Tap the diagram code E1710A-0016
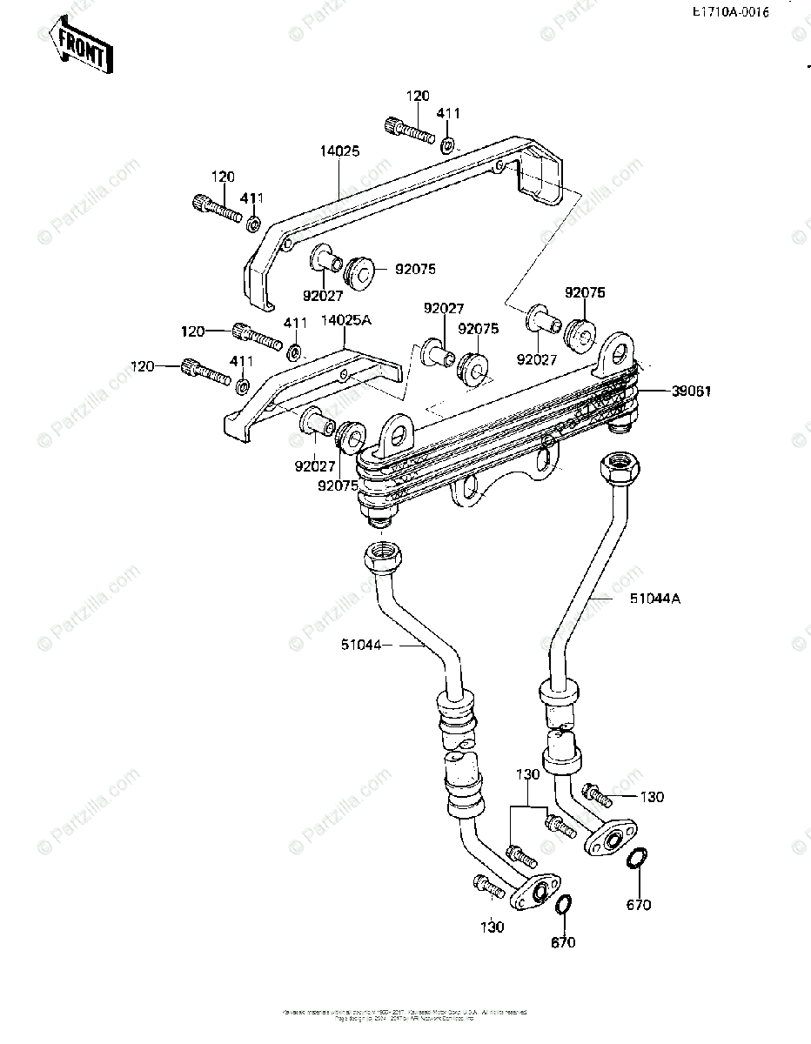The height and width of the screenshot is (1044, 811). click(x=730, y=14)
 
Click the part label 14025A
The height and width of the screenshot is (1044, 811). click(x=347, y=320)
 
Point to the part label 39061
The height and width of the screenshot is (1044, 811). click(x=692, y=391)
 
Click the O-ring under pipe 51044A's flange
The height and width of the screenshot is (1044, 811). click(x=637, y=859)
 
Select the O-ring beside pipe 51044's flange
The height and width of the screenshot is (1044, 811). click(x=564, y=906)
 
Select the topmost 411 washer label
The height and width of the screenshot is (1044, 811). click(x=449, y=113)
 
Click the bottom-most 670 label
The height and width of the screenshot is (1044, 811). click(x=562, y=942)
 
